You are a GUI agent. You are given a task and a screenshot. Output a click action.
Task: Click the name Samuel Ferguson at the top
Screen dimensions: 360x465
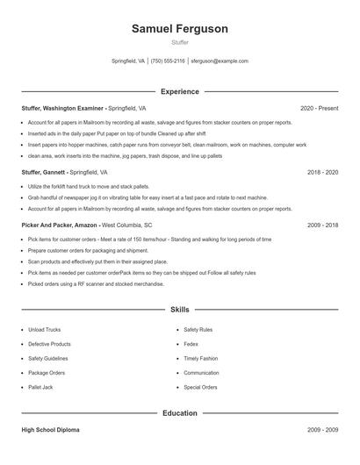coord(179,29)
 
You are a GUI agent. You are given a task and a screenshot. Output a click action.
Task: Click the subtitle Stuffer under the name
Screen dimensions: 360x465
coord(179,43)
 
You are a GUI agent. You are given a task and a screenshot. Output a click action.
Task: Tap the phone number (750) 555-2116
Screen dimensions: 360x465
coord(168,61)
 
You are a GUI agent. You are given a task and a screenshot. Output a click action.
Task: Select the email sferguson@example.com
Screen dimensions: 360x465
coord(220,61)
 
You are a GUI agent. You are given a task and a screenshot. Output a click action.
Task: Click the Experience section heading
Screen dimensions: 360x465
coord(179,91)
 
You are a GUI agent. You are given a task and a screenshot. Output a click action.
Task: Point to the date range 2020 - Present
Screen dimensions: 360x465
coord(319,108)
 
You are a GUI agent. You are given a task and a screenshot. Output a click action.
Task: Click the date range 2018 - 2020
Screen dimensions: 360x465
coord(322,173)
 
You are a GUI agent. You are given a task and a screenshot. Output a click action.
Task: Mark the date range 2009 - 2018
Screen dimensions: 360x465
coord(322,225)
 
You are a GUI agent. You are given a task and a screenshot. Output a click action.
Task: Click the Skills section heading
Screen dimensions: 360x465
coord(179,310)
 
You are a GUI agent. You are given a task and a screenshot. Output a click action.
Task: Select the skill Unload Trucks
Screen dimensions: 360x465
coord(45,330)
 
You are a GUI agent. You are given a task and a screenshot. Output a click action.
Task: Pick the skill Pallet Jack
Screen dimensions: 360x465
coord(40,387)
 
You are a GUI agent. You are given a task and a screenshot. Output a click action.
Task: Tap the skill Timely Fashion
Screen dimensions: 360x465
coord(201,358)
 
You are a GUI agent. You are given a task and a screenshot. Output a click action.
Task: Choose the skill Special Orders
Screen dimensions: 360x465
coord(200,387)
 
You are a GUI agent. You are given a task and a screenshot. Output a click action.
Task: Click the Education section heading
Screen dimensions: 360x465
coord(179,412)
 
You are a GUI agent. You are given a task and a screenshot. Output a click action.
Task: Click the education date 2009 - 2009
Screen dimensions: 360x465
coord(322,431)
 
